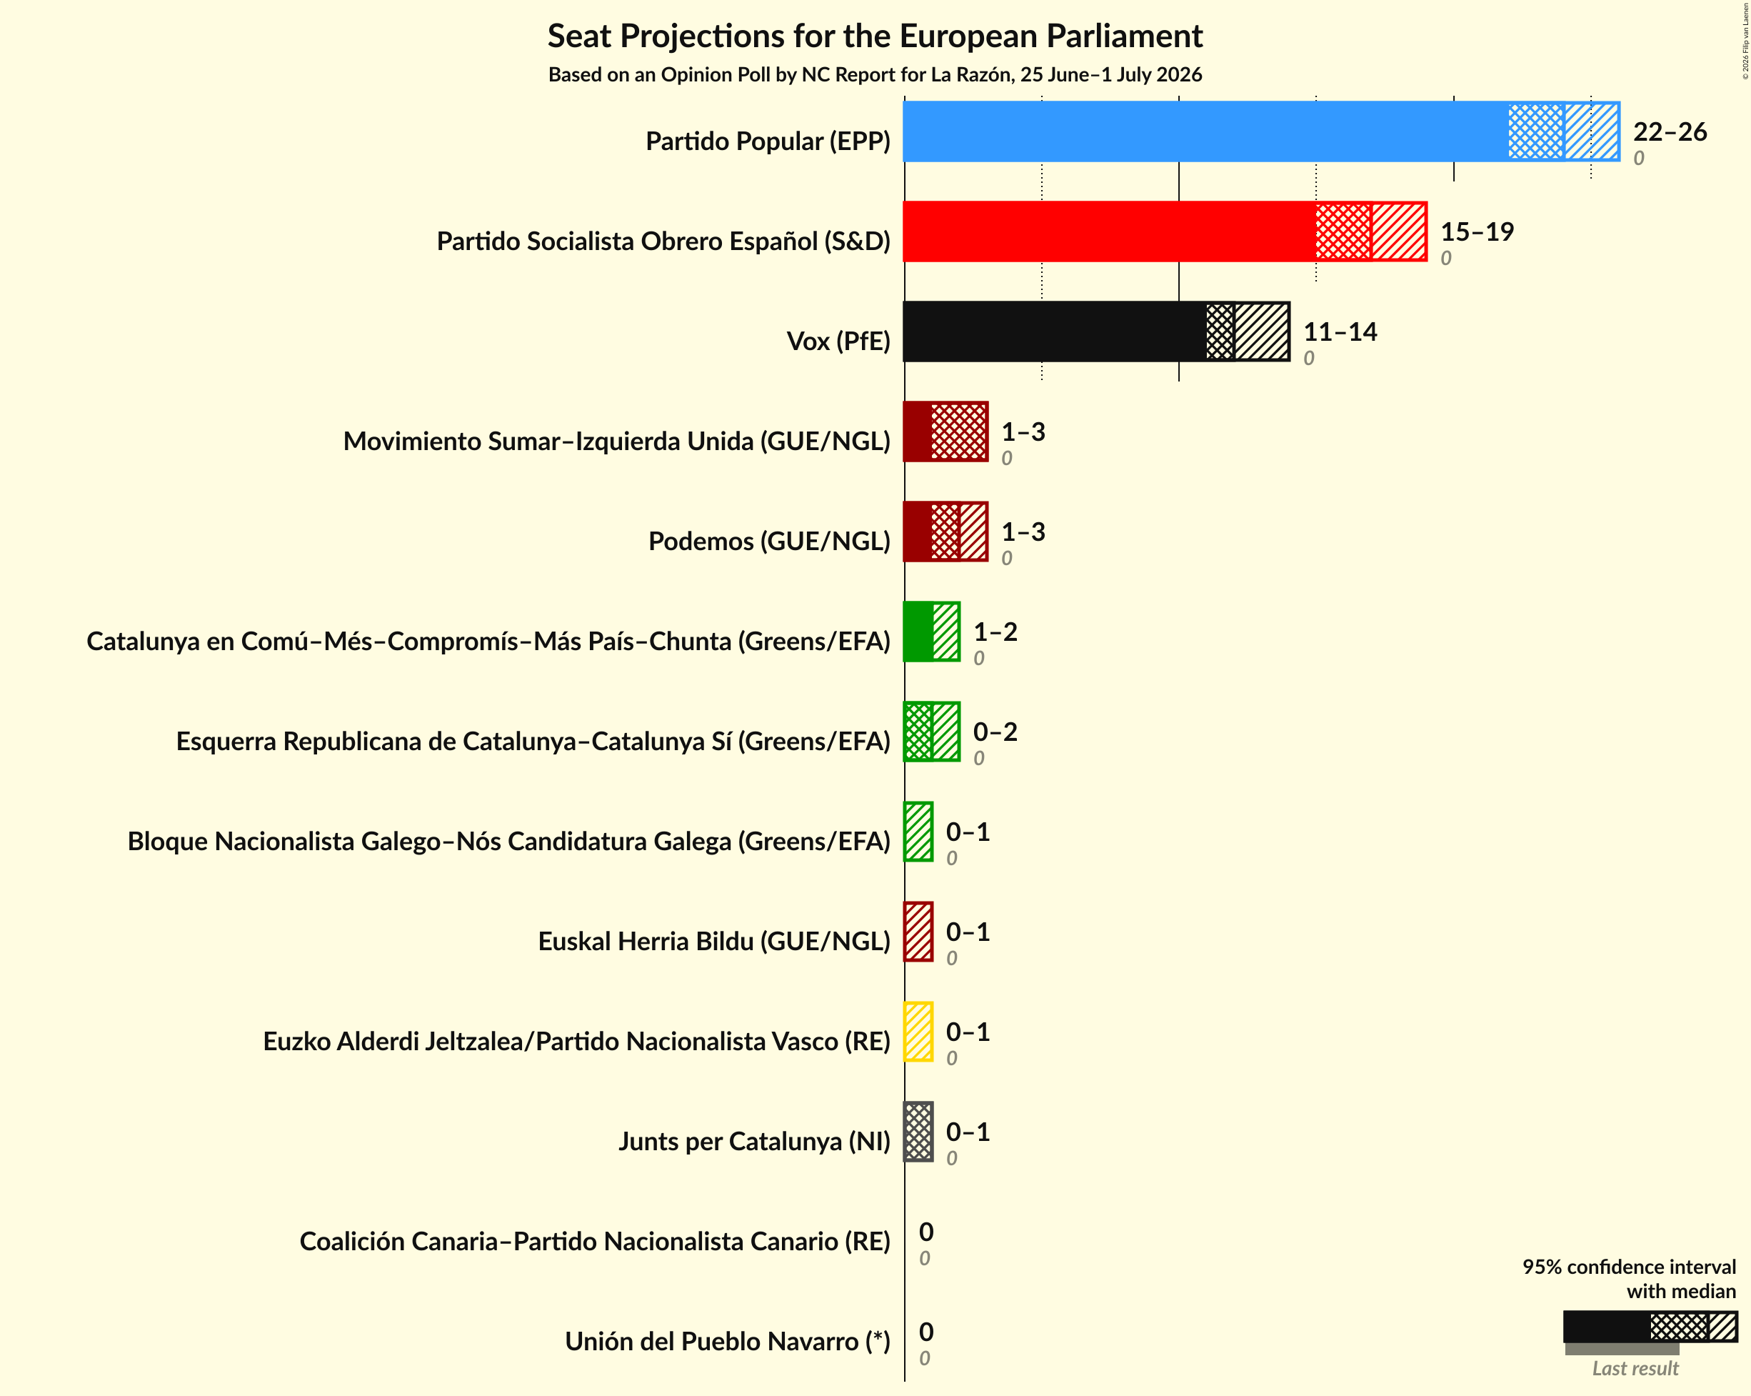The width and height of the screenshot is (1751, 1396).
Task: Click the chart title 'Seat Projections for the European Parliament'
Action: [875, 36]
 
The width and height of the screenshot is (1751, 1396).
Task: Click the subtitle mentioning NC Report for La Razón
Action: [875, 75]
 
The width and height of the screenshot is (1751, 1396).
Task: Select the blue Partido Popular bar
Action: [1261, 131]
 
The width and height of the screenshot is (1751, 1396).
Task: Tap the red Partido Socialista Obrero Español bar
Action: [1165, 231]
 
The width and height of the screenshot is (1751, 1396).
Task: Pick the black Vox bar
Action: [1096, 331]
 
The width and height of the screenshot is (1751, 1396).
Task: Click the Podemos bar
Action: [945, 532]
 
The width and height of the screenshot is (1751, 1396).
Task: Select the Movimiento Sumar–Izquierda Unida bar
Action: [945, 432]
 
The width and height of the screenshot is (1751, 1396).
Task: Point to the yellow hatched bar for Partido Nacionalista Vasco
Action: [918, 1032]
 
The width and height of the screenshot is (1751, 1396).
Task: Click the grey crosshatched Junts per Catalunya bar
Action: [918, 1132]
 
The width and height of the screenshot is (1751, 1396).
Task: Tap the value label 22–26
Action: [1670, 131]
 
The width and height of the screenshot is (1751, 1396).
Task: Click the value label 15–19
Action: [1477, 231]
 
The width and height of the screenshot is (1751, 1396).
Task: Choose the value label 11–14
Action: [1340, 331]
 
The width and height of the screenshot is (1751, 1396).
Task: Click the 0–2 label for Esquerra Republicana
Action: [995, 732]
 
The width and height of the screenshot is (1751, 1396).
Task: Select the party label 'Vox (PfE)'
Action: [838, 341]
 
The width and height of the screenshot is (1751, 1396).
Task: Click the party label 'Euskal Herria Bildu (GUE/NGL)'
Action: [714, 941]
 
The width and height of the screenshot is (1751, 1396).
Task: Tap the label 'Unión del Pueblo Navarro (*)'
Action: [728, 1341]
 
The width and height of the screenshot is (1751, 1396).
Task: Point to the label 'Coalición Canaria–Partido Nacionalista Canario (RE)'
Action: [596, 1241]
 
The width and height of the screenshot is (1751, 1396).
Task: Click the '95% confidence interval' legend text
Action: [1629, 1267]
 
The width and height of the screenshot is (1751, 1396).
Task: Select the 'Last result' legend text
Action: [1635, 1368]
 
